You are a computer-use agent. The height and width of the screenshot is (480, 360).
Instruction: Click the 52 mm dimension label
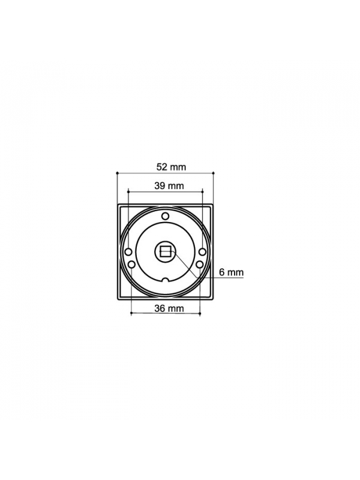pos(171,167)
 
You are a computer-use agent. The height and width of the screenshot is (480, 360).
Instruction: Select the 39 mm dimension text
pos(169,186)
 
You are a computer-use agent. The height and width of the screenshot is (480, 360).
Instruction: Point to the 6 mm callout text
pos(232,272)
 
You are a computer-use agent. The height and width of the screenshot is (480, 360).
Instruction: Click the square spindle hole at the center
pos(166,252)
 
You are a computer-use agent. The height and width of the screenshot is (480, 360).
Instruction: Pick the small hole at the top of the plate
pos(166,216)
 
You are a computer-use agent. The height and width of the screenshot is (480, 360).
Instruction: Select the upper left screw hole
pos(128,252)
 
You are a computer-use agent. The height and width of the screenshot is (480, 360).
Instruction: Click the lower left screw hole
pos(131,264)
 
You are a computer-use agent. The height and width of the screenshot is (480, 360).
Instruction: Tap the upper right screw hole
pos(202,252)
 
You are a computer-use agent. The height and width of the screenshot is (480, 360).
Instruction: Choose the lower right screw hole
pos(200,264)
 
